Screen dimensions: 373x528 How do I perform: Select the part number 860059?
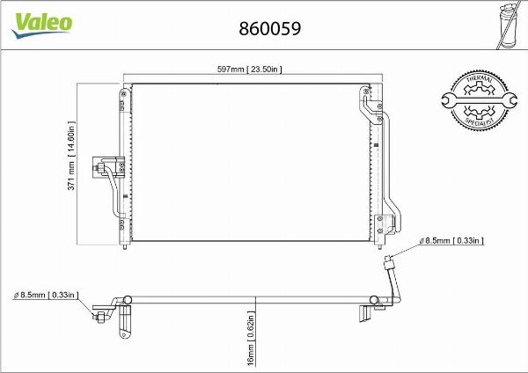click(270, 28)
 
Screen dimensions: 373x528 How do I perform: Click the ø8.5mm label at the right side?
click(452, 239)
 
